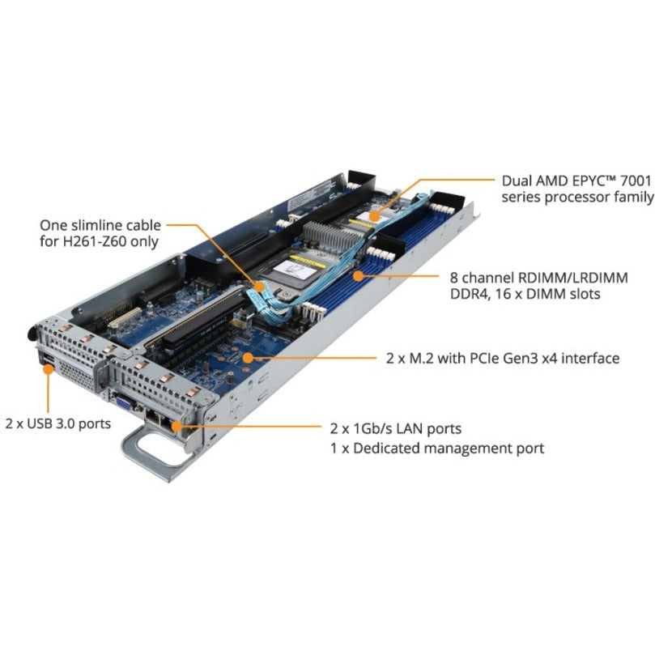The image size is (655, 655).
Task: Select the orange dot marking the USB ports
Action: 49,367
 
